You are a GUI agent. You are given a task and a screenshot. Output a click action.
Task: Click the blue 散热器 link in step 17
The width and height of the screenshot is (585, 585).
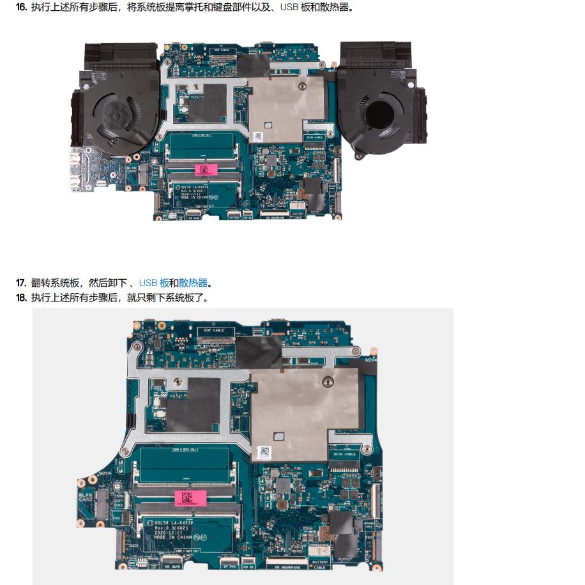point(193,283)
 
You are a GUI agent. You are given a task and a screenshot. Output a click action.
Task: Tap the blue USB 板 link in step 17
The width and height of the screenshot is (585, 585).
point(154,283)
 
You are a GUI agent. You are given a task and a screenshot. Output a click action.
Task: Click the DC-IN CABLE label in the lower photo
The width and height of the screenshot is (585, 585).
point(345,454)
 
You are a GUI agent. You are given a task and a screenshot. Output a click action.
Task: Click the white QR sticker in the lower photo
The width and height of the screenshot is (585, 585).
point(264,452)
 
